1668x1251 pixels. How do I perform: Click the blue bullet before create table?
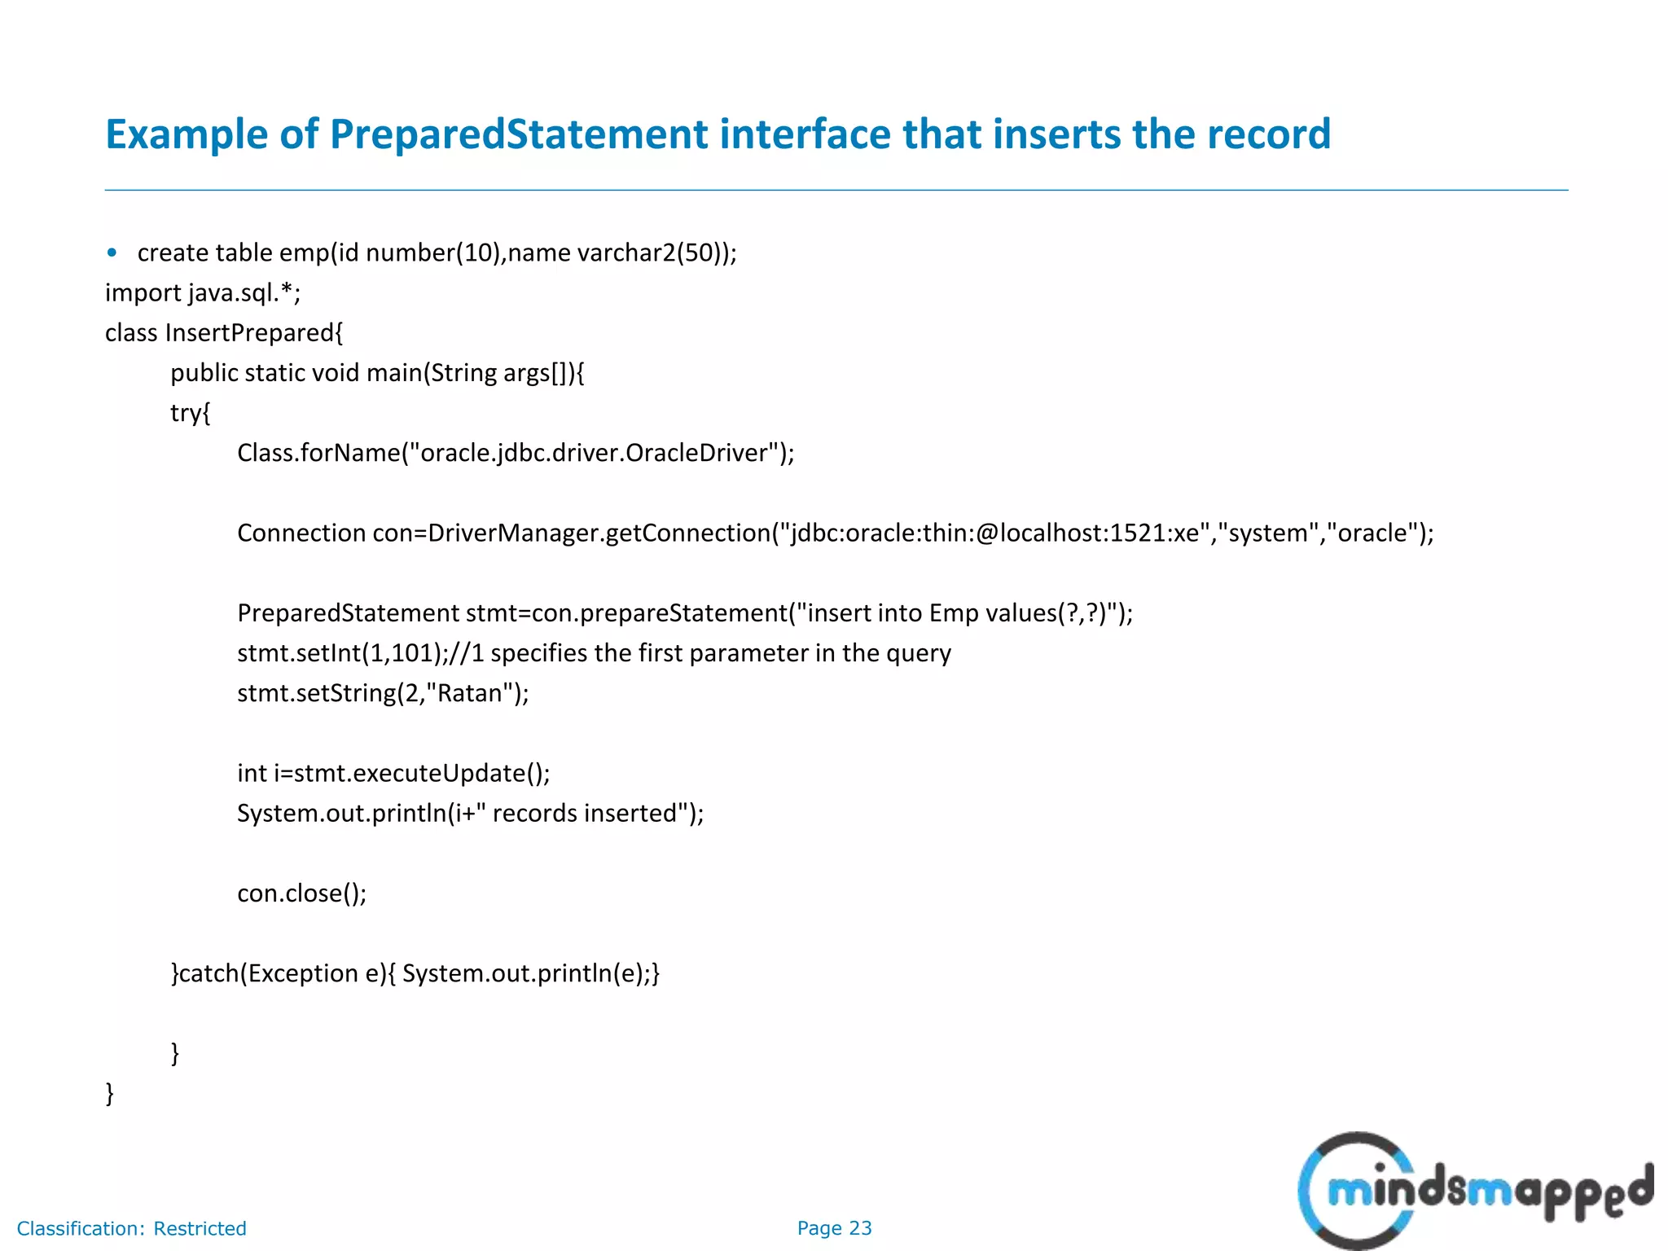coord(112,252)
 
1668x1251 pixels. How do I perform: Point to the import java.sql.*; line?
coord(203,292)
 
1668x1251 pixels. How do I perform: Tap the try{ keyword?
coord(191,413)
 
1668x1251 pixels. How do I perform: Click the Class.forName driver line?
coord(516,453)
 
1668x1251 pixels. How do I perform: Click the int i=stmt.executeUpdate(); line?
coord(393,773)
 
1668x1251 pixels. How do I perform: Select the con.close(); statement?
coord(301,893)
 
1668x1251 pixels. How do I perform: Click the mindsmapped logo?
coord(1475,1190)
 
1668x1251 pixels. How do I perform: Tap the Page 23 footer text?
coord(834,1228)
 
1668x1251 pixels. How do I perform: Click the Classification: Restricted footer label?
coord(131,1228)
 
